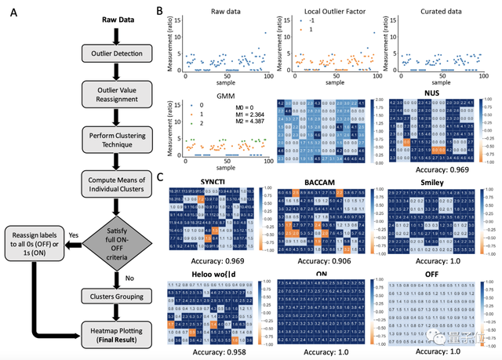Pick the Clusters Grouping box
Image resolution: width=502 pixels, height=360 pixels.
[x=117, y=296]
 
